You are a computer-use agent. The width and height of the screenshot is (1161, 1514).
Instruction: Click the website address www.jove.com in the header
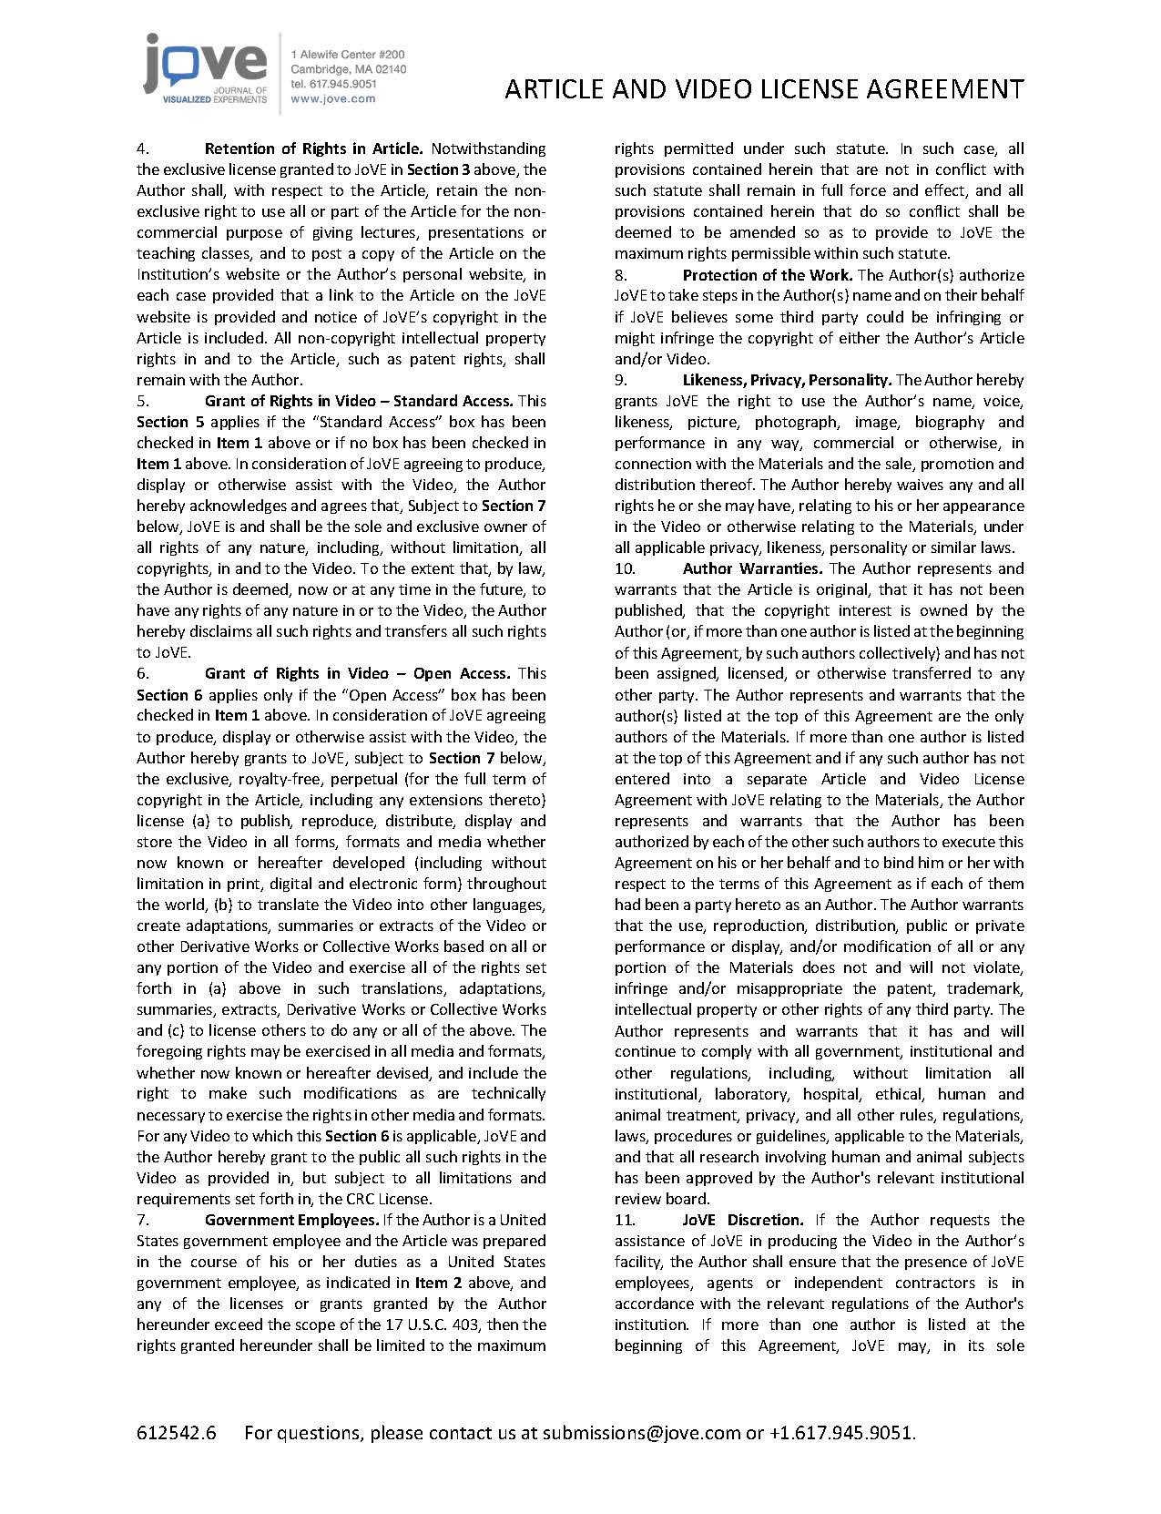332,99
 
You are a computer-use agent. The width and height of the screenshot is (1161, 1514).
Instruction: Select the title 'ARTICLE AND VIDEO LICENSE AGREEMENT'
764,89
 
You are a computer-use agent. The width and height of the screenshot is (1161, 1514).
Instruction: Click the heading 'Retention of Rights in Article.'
313,148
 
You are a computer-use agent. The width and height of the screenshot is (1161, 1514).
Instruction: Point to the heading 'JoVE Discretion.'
742,1220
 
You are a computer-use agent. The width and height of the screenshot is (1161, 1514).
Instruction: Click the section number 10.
625,568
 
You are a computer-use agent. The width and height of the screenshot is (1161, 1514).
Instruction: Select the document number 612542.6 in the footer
177,1433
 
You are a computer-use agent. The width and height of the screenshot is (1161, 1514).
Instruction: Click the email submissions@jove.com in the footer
641,1433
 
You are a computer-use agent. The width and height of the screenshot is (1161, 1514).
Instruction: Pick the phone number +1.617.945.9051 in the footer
840,1433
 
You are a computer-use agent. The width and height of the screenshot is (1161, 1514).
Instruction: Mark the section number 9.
621,380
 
